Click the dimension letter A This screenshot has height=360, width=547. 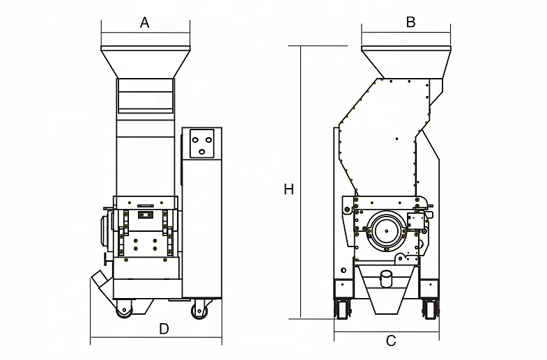pyautogui.click(x=145, y=22)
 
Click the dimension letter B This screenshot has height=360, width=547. pyautogui.click(x=410, y=22)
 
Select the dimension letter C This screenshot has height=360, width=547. pyautogui.click(x=391, y=341)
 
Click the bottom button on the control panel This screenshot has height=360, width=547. pyautogui.click(x=203, y=150)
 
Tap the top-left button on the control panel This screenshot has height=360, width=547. pyautogui.click(x=197, y=137)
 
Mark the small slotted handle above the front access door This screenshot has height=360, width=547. pyautogui.click(x=146, y=206)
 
